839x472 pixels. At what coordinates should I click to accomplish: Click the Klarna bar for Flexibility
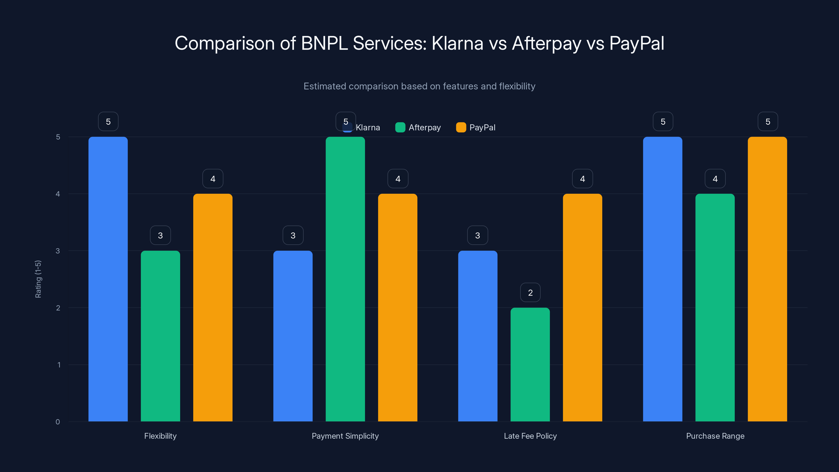pos(108,279)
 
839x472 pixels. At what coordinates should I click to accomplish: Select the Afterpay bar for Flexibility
pos(160,336)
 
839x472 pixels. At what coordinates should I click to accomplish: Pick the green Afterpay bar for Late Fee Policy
pos(530,364)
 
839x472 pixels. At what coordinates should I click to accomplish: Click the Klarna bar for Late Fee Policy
pos(477,336)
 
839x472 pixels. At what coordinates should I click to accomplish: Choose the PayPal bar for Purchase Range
pos(767,279)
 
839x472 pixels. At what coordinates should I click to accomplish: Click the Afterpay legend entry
pos(418,127)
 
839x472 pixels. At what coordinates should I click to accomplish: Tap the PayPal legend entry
pos(476,127)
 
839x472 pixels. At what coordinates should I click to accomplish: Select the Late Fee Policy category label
pos(530,436)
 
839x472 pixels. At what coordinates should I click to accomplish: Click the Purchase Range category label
pos(715,436)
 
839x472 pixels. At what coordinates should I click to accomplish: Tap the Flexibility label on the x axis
pos(160,436)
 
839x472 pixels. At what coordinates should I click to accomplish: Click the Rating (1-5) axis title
pos(38,279)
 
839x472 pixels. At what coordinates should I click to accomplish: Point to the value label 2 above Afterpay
pos(530,293)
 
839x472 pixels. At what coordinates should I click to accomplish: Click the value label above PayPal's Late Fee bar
pos(582,179)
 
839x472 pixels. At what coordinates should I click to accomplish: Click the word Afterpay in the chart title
pos(546,43)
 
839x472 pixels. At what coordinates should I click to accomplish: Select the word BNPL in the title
pos(324,43)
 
